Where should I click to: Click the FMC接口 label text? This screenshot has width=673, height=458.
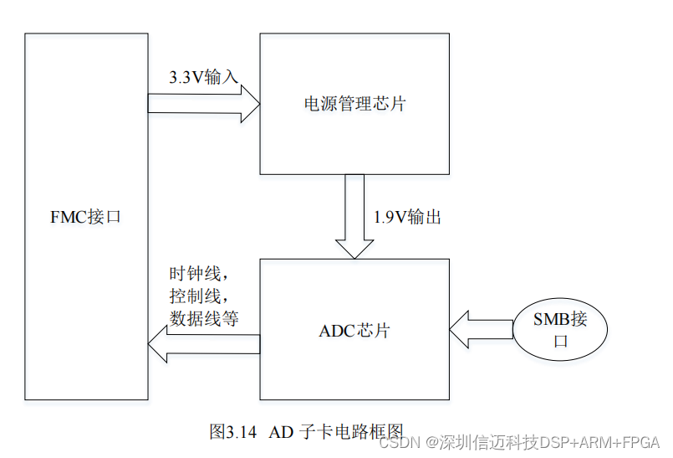85,217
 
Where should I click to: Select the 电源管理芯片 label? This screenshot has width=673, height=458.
354,105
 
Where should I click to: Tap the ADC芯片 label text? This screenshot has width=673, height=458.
354,330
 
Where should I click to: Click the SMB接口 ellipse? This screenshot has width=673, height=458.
560,330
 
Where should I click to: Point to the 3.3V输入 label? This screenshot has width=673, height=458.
203,77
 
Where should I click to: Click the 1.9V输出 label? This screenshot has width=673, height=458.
407,218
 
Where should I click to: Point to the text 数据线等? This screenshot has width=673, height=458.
204,318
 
